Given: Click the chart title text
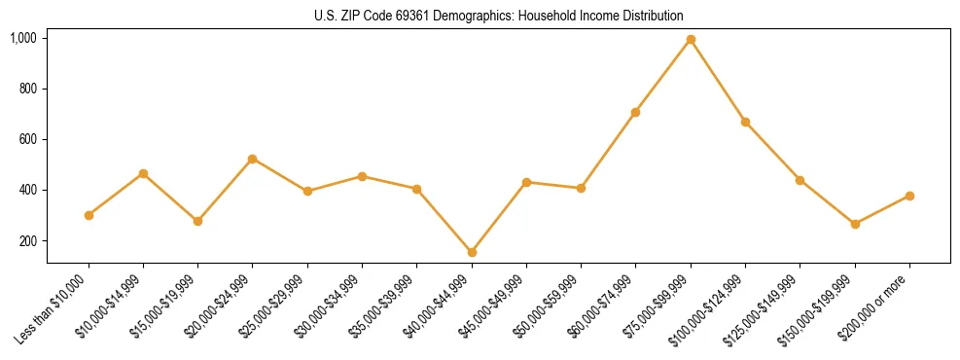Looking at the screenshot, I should click(x=499, y=16).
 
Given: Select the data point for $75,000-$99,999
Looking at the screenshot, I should click(x=691, y=40).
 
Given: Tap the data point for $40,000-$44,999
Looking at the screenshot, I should click(x=472, y=252).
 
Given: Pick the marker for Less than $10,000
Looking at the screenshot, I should click(x=89, y=215).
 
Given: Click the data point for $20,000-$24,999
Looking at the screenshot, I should click(x=253, y=159).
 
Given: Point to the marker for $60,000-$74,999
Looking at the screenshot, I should click(x=635, y=112).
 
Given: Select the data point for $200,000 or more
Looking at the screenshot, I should click(x=909, y=196).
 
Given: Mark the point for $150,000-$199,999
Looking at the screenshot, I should click(x=855, y=224).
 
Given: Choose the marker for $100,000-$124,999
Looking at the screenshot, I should click(x=745, y=122).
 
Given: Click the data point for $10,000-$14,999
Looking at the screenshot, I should click(x=143, y=173).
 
